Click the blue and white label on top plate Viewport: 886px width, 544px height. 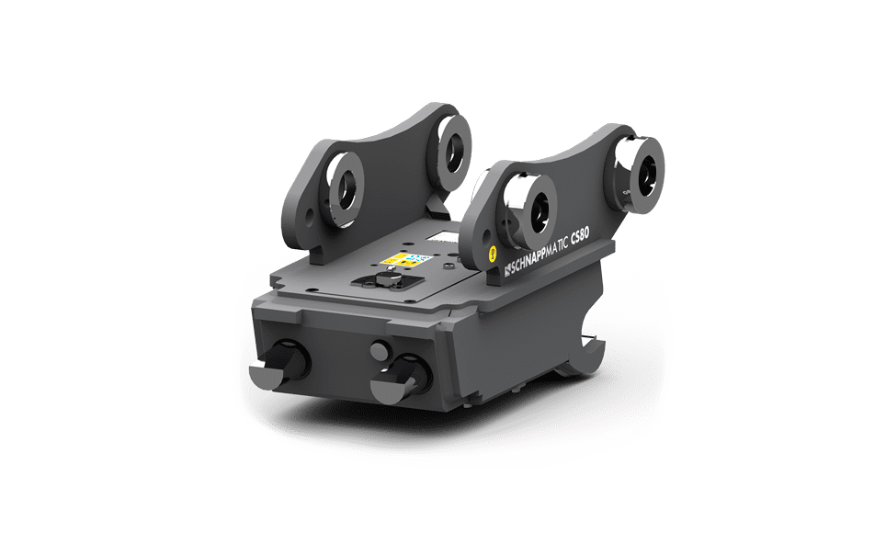point(419,259)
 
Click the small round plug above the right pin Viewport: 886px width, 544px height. point(378,347)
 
